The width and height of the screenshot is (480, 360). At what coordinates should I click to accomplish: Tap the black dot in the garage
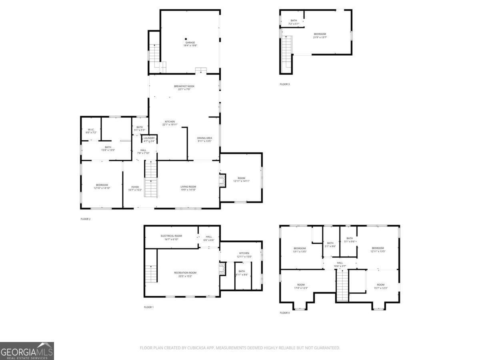coord(186,39)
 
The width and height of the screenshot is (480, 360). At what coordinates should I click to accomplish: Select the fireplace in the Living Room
coord(222,180)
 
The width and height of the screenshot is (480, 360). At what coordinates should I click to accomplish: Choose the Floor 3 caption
coord(284,84)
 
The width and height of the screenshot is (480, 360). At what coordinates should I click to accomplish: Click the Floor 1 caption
coord(148,307)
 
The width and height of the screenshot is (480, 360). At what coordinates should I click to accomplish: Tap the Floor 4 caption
coord(284,312)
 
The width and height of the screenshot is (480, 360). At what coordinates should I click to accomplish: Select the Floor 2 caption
coord(86,219)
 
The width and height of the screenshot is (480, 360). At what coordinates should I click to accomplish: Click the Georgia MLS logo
coord(27,351)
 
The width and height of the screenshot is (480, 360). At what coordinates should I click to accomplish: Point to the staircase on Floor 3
coord(286,54)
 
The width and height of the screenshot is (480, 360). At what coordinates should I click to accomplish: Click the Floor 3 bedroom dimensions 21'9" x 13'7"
coord(320,37)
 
